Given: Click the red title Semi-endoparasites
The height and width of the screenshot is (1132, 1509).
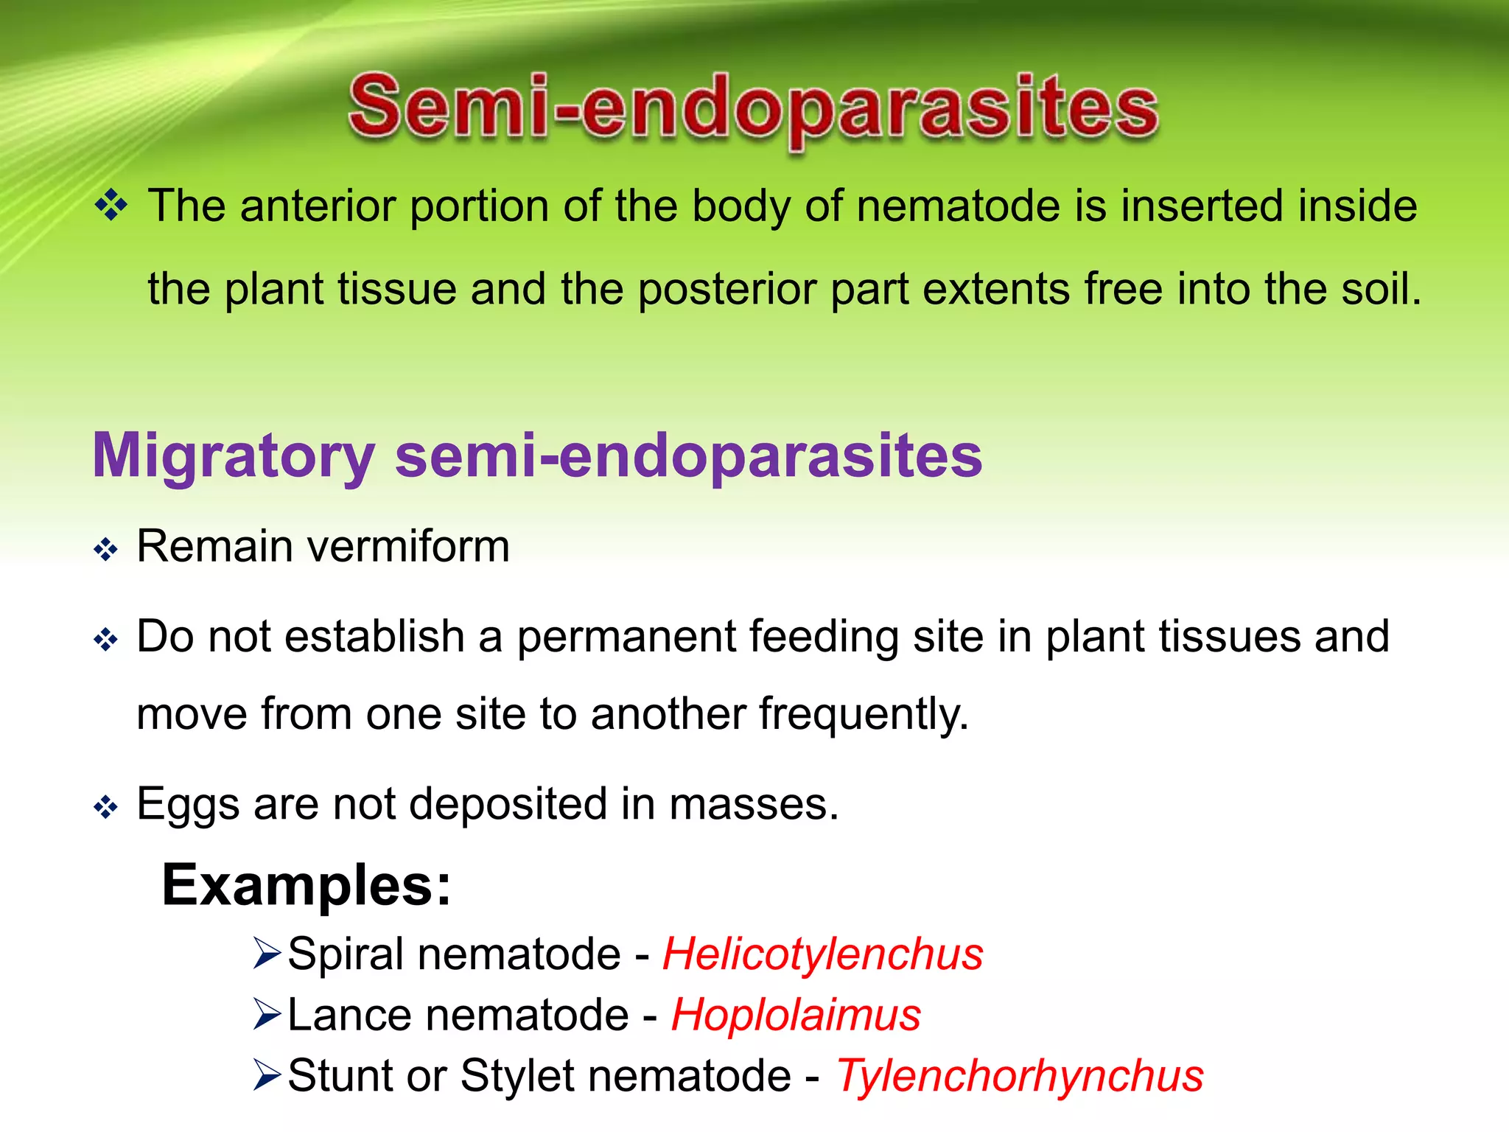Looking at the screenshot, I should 753,109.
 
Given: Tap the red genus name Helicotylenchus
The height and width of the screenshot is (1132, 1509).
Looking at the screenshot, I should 822,954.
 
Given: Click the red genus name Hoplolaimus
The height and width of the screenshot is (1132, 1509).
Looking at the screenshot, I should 796,1015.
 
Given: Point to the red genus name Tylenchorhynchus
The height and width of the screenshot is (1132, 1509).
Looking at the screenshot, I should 1019,1075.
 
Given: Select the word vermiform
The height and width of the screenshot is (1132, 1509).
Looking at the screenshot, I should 408,547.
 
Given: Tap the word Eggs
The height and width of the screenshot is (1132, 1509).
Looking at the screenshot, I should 188,805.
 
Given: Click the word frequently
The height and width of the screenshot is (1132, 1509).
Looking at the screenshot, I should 863,714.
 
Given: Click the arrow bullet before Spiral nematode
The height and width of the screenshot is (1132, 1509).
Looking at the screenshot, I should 266,954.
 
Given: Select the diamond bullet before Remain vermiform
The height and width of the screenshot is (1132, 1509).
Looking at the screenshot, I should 106,550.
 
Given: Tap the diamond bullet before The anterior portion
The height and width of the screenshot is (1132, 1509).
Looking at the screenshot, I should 112,205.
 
